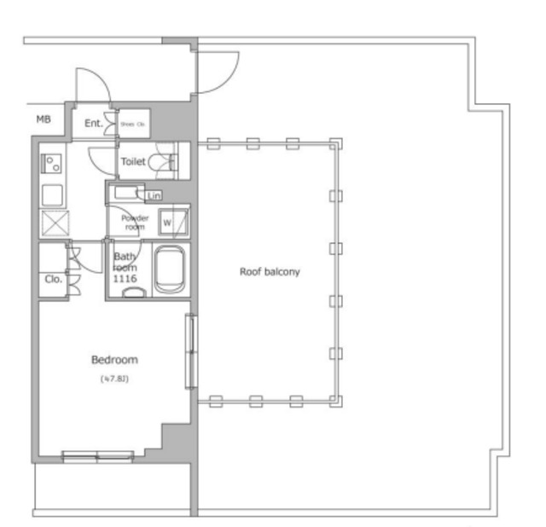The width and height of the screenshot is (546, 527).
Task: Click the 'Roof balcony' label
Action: point(270,272)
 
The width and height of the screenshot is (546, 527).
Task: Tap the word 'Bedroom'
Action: point(114,360)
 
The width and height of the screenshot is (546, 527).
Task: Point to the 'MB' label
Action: point(44,120)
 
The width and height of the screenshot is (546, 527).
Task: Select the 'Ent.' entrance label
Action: point(93,124)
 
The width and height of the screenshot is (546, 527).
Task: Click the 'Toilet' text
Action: point(132,161)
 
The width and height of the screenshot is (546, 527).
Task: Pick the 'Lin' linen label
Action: point(154,196)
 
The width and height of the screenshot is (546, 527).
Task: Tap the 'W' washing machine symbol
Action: point(167,223)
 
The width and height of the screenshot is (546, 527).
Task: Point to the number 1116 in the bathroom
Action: point(125,279)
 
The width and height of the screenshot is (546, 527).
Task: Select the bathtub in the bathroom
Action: point(170,269)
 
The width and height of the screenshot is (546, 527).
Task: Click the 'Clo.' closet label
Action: point(51,279)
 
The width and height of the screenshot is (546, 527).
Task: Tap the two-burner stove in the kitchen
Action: point(51,159)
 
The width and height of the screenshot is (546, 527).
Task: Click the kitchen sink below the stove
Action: point(51,194)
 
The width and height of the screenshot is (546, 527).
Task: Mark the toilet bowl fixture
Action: point(161,161)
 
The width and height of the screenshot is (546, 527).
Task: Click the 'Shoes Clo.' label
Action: point(133,124)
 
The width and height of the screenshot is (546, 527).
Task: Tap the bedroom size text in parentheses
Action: point(113,378)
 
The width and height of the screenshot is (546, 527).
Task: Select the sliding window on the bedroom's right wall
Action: point(190,350)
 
